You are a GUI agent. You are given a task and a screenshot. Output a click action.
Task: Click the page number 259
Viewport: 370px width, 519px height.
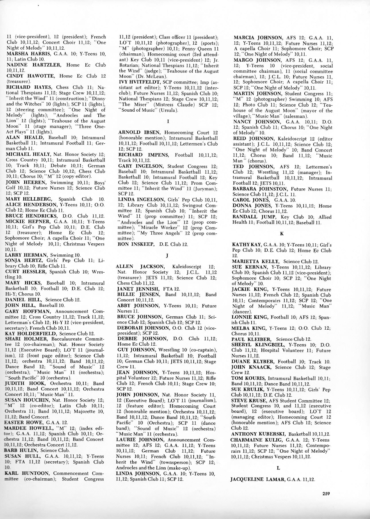click(x=326, y=493)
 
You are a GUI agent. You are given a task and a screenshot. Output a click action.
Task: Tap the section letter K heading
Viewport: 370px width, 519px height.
click(x=281, y=233)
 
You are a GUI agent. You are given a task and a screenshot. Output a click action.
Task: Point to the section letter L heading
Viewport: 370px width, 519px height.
click(x=279, y=468)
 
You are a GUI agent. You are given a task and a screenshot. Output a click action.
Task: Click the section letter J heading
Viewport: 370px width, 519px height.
click(x=167, y=255)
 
